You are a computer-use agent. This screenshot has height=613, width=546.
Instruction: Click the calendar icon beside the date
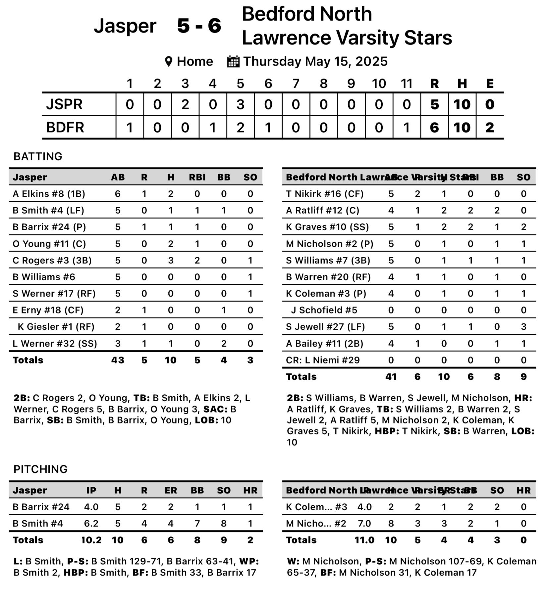(233, 62)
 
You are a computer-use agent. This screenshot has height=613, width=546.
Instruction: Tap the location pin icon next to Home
(169, 62)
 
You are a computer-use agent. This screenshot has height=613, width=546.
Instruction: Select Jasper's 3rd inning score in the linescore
(185, 104)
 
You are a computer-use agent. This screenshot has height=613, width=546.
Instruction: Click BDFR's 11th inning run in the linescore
(407, 128)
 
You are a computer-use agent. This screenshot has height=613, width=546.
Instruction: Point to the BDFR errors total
(490, 128)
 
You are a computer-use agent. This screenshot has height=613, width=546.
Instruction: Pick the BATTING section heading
(38, 156)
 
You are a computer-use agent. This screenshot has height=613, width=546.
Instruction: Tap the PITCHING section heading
(40, 469)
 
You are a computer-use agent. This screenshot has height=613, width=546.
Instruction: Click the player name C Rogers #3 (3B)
(52, 260)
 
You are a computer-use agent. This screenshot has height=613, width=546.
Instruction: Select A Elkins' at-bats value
(118, 194)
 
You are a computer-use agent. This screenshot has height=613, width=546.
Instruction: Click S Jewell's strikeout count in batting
(523, 327)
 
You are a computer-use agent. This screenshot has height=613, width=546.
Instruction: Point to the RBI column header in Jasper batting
(197, 177)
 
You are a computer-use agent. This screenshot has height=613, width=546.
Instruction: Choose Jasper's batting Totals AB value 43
(118, 360)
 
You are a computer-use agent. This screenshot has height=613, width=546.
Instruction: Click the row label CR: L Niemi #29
(323, 360)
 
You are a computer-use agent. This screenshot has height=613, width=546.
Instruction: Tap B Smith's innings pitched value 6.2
(91, 524)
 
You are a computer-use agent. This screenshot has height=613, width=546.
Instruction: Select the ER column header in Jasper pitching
(171, 490)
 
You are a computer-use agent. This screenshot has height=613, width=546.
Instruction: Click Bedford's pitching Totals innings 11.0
(364, 540)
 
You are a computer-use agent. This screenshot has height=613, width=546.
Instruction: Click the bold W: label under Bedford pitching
(293, 561)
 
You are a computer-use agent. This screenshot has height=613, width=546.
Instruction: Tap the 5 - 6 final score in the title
(199, 26)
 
